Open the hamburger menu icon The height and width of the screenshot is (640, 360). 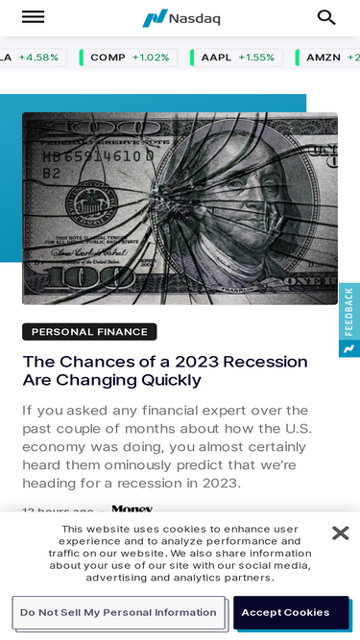click(x=33, y=17)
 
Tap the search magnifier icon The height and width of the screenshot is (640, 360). click(x=326, y=17)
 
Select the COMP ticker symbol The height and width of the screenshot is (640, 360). click(x=108, y=58)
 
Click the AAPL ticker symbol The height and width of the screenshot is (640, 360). click(x=216, y=58)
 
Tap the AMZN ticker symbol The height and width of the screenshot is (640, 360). click(x=324, y=58)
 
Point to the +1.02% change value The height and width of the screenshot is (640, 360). click(x=151, y=58)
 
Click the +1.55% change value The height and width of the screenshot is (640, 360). click(x=256, y=58)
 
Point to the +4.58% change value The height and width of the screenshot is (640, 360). click(x=38, y=58)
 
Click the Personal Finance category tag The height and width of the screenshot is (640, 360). click(x=89, y=332)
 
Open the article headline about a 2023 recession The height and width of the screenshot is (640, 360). click(x=165, y=370)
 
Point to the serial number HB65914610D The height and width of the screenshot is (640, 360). click(x=96, y=155)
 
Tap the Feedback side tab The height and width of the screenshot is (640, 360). click(x=349, y=312)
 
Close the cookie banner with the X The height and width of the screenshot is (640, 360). click(x=340, y=533)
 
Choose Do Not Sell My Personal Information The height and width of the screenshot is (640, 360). click(x=118, y=612)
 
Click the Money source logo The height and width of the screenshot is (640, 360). click(x=132, y=510)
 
